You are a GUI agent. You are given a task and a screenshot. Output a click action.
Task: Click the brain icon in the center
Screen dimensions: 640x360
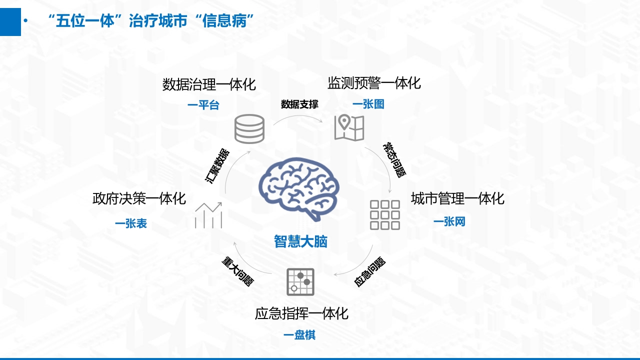(299, 188)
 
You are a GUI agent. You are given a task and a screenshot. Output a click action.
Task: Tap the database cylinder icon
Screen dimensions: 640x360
(249, 129)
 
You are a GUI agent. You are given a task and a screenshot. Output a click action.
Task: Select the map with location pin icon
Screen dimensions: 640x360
(349, 127)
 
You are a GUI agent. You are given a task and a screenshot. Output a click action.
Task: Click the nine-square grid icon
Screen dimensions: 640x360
(384, 215)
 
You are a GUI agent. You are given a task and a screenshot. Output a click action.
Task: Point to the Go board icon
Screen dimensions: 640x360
(300, 281)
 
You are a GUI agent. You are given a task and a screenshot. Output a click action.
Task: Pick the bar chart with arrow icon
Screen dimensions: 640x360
(208, 215)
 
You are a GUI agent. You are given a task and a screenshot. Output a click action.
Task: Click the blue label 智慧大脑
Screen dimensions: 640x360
(300, 241)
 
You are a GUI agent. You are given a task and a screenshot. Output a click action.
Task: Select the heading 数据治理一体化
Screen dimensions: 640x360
(209, 84)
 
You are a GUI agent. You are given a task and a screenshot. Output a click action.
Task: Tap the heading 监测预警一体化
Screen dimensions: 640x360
(374, 83)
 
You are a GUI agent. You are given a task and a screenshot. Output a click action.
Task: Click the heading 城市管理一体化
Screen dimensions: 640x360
(457, 198)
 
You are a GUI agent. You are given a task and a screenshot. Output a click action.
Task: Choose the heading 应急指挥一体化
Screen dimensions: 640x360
(301, 313)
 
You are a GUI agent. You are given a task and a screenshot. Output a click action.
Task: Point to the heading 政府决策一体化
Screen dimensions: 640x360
(139, 198)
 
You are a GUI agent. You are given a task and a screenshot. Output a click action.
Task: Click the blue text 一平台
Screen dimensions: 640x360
(203, 105)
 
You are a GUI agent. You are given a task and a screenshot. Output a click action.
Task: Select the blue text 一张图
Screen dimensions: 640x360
(368, 104)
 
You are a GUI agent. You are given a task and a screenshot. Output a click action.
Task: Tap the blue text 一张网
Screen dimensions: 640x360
(449, 221)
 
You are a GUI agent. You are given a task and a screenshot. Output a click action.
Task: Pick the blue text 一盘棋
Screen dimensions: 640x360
(299, 335)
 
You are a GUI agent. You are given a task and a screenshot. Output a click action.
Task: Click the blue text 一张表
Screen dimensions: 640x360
(131, 223)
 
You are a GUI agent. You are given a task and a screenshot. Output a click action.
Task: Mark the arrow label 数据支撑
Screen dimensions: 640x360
(299, 104)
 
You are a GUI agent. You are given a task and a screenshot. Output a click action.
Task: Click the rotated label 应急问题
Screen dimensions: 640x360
(369, 271)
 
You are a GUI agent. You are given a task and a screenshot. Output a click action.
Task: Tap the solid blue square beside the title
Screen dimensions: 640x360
(10, 22)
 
